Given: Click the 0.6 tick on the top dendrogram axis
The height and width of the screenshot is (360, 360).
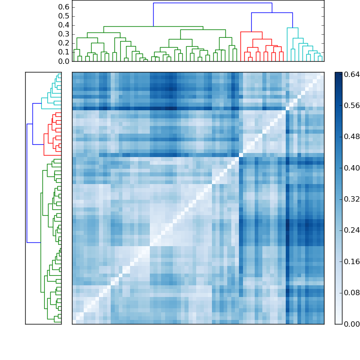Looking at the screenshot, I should click(64, 7).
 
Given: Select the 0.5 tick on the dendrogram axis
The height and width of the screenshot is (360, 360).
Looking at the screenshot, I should click(64, 16).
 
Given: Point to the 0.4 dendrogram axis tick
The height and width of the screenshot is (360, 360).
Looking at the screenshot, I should click(64, 25).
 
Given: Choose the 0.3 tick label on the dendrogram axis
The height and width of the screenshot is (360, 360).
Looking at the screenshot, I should click(64, 34).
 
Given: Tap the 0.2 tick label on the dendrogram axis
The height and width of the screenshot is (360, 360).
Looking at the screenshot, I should click(64, 43).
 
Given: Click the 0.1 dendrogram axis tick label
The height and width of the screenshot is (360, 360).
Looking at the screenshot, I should click(64, 52).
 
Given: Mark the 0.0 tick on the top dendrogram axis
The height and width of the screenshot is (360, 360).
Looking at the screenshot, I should click(64, 61).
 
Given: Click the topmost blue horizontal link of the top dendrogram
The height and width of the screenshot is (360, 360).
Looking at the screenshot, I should click(212, 3).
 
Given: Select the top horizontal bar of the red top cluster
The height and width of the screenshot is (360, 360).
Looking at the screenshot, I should click(251, 32).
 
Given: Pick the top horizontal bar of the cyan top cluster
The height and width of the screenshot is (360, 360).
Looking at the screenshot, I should click(292, 28).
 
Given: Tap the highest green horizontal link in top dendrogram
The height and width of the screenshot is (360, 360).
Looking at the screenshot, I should click(153, 27).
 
